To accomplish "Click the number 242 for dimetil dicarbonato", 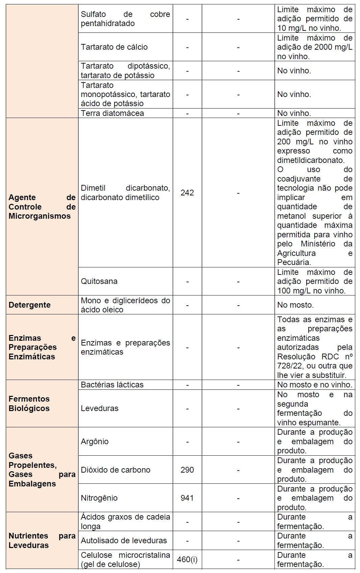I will tap(187, 193).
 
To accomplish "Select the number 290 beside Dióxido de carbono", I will tap(187, 470).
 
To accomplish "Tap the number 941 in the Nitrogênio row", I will tap(187, 498).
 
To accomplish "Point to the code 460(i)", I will tap(187, 559).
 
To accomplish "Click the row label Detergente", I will tap(30, 305).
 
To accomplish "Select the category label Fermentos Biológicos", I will tap(29, 404).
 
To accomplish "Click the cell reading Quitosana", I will tap(99, 281).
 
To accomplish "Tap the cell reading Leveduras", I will tap(99, 408).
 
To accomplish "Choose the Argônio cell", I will tap(95, 441).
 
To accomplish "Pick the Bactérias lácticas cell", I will tap(112, 385).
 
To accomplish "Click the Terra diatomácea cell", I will tap(112, 113).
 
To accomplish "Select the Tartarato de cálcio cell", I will tap(114, 47).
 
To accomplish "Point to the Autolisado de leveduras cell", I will tap(124, 541).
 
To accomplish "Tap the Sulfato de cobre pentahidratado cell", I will tap(125, 19).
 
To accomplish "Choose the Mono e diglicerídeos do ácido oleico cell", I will tap(125, 305).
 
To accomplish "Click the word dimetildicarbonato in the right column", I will tap(310, 160).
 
